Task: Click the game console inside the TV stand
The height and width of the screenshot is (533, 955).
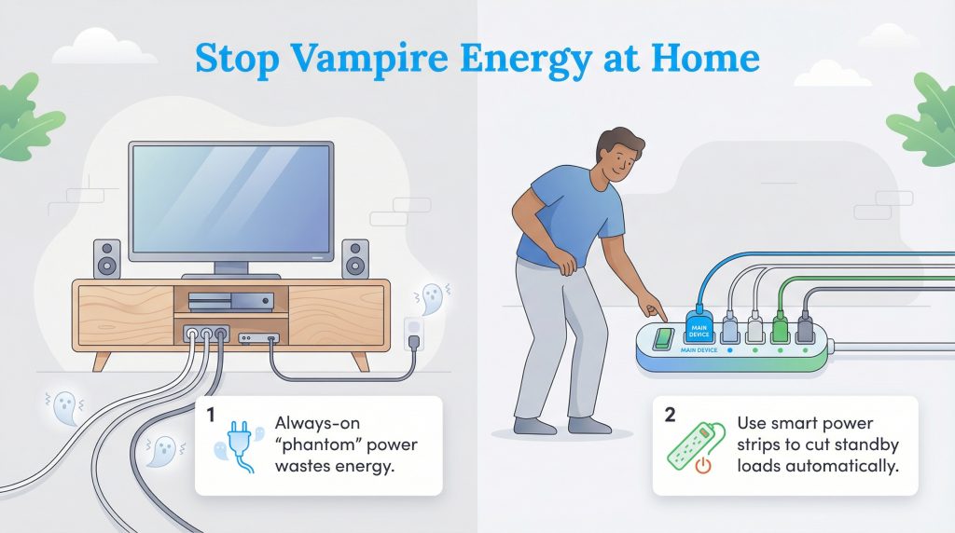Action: [230, 301]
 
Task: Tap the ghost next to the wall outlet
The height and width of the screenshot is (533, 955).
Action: [431, 298]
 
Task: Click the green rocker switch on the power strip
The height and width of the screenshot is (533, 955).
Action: [663, 338]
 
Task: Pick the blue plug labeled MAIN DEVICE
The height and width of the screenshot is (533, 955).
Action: [699, 329]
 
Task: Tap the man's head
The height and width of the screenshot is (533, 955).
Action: [619, 157]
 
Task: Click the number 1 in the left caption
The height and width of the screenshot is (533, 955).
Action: [211, 413]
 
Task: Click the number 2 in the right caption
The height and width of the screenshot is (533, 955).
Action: [670, 413]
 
